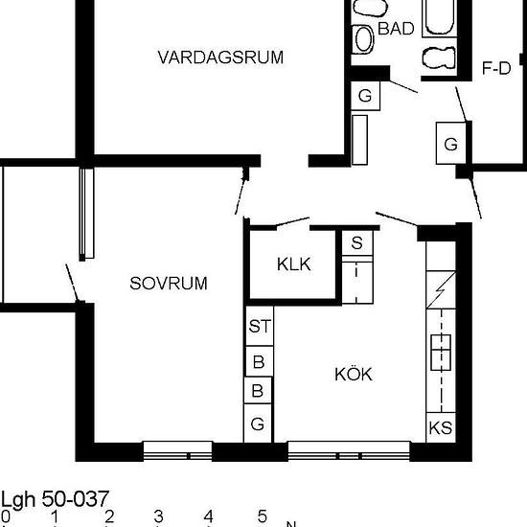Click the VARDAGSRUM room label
click(x=220, y=57)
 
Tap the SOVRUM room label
click(x=169, y=284)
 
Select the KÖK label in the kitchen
click(x=354, y=374)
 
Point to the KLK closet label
click(x=294, y=264)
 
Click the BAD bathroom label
click(x=396, y=29)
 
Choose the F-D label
click(x=496, y=68)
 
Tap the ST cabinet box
click(x=260, y=326)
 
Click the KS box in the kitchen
click(x=441, y=427)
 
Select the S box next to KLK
click(x=357, y=242)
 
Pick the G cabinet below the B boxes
click(x=258, y=424)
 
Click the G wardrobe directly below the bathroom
click(x=365, y=96)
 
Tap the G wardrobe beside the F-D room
click(x=450, y=144)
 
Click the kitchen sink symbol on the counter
click(x=441, y=353)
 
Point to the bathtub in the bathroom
click(x=439, y=18)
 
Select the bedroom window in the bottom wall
click(x=177, y=450)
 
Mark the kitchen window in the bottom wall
click(x=349, y=450)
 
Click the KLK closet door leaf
click(x=292, y=222)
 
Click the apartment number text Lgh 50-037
click(x=55, y=499)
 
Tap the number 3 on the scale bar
click(x=159, y=516)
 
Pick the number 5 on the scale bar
click(x=263, y=516)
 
